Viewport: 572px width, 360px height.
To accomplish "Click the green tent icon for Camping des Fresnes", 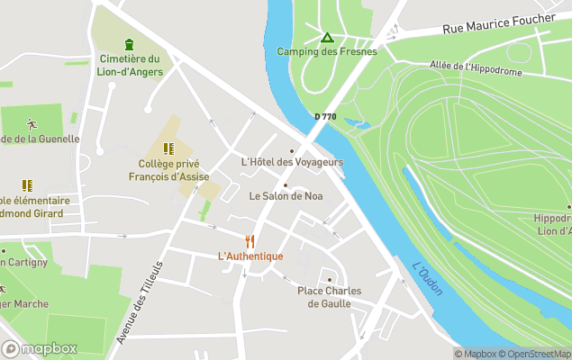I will pyautogui.click(x=327, y=37).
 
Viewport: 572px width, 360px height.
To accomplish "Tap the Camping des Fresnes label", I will pyautogui.click(x=326, y=51).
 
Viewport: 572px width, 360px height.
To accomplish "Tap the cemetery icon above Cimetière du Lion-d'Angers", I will pyautogui.click(x=129, y=44).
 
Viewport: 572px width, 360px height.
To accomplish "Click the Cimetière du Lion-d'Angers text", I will pyautogui.click(x=129, y=65).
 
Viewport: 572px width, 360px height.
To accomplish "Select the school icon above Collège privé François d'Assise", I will pyautogui.click(x=168, y=148).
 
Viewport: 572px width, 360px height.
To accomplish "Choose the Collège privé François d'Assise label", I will pyautogui.click(x=168, y=170).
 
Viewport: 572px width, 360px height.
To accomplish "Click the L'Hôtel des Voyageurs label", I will pyautogui.click(x=293, y=162).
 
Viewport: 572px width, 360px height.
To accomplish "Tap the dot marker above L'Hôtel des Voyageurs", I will pyautogui.click(x=291, y=150).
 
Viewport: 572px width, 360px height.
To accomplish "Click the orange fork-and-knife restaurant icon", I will pyautogui.click(x=250, y=241).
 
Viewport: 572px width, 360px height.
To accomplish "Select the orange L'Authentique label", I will pyautogui.click(x=250, y=256).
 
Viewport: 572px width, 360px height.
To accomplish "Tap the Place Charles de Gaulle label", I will pyautogui.click(x=335, y=297).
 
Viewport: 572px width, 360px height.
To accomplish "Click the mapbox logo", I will pyautogui.click(x=40, y=348).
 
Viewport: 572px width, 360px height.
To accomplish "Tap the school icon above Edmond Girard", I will pyautogui.click(x=27, y=185).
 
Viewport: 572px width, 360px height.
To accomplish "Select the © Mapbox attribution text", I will pyautogui.click(x=475, y=354).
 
